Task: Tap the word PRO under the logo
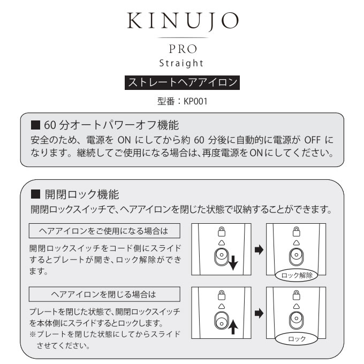click(182, 48)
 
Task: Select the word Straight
click(182, 63)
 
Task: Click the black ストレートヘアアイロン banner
click(181, 84)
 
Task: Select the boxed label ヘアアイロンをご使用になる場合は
click(103, 231)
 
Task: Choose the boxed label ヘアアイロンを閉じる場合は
click(103, 294)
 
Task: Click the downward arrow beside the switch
click(232, 262)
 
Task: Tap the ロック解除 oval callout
click(296, 276)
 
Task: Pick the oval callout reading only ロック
click(296, 339)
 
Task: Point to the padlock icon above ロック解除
click(295, 231)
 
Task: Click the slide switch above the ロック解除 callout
click(295, 257)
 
